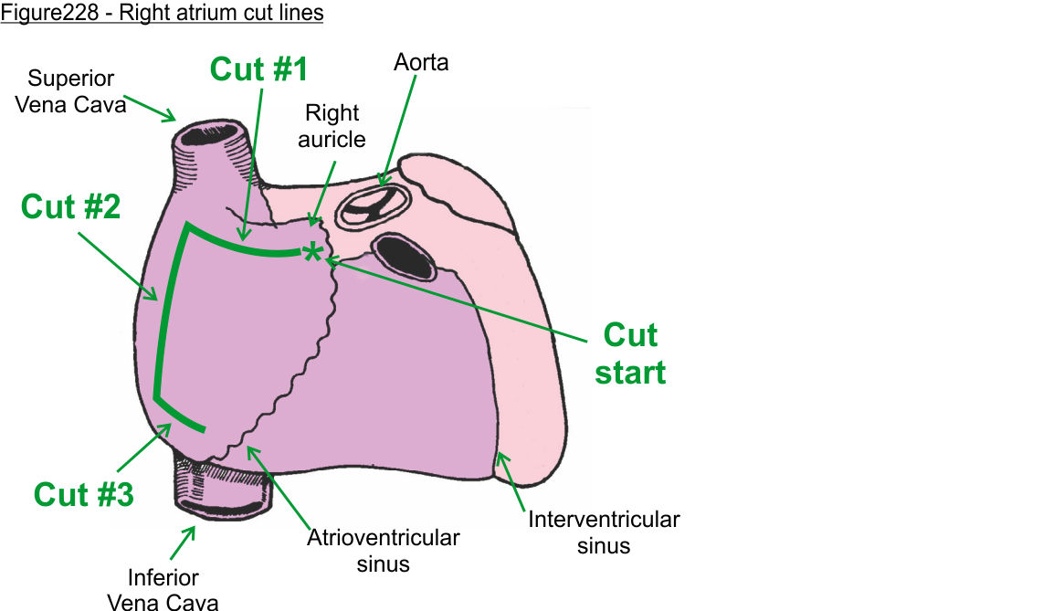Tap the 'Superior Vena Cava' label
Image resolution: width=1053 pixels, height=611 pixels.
coord(76,91)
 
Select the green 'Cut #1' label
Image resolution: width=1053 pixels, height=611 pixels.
coord(260,69)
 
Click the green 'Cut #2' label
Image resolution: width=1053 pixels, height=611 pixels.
coord(70,206)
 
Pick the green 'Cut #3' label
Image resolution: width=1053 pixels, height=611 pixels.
coord(83,494)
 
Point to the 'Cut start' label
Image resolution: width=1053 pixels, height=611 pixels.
coord(630,353)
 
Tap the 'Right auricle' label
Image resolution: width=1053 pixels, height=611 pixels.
coord(334,126)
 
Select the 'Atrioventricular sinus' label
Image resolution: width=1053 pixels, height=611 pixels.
coord(384,550)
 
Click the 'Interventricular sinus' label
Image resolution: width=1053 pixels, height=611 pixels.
coord(604,532)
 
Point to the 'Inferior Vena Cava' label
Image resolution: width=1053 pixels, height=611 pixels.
coord(163,589)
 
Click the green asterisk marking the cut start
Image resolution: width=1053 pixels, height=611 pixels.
coord(313,253)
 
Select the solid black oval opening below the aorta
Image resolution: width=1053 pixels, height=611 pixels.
coord(405,257)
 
